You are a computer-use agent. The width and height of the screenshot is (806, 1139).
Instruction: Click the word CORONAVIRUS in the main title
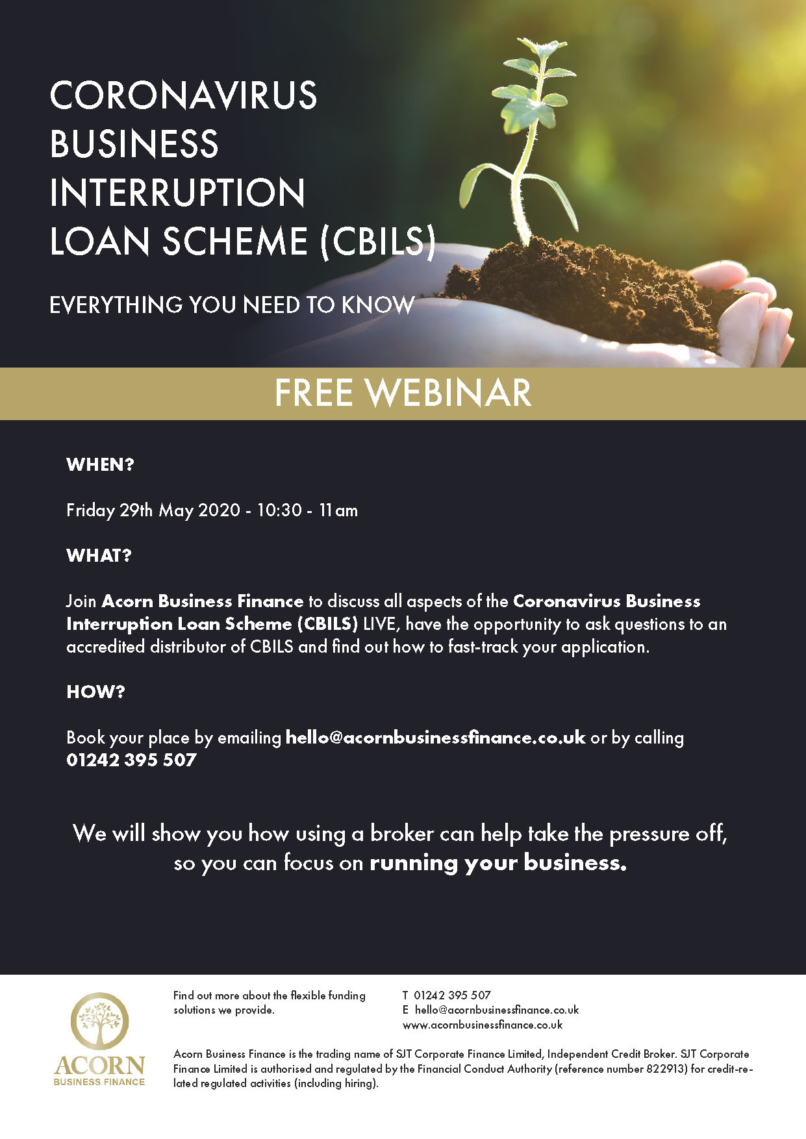pyautogui.click(x=183, y=95)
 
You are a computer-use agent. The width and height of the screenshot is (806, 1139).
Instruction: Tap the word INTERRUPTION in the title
pyautogui.click(x=177, y=193)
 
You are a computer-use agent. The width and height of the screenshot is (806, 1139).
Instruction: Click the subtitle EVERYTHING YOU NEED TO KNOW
pyautogui.click(x=232, y=305)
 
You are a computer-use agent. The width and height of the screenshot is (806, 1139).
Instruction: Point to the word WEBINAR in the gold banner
pyautogui.click(x=448, y=393)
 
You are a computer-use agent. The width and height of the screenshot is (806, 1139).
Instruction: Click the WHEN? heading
pyautogui.click(x=100, y=465)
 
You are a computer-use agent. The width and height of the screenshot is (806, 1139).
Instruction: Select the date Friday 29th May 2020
pyautogui.click(x=153, y=510)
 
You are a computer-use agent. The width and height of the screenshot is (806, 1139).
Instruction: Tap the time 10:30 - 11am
pyautogui.click(x=307, y=510)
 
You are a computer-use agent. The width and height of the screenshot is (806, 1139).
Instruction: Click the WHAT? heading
pyautogui.click(x=99, y=556)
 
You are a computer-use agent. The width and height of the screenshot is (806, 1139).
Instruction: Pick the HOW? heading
pyautogui.click(x=95, y=692)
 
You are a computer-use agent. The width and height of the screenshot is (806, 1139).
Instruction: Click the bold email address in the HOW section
pyautogui.click(x=436, y=738)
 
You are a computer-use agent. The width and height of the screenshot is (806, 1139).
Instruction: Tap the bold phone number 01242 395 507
pyautogui.click(x=131, y=760)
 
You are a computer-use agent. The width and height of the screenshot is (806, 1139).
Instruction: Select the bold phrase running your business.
pyautogui.click(x=498, y=863)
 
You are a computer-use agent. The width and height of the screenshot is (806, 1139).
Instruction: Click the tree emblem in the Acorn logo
pyautogui.click(x=99, y=1021)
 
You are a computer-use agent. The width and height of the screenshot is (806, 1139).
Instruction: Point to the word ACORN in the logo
pyautogui.click(x=99, y=1066)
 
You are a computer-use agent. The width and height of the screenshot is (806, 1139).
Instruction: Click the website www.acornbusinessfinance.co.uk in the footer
pyautogui.click(x=483, y=1025)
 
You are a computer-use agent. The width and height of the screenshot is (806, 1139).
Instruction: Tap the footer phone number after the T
pyautogui.click(x=452, y=995)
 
